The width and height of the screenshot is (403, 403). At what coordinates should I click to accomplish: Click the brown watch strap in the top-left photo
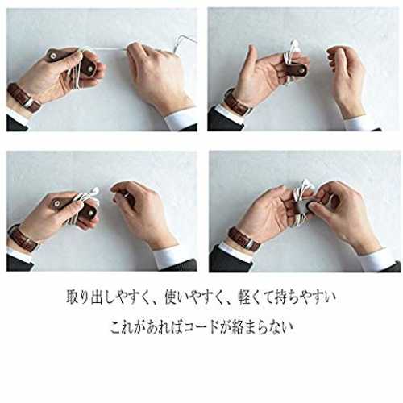coord(23,98)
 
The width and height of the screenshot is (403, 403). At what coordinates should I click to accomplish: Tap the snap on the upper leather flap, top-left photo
coord(53,56)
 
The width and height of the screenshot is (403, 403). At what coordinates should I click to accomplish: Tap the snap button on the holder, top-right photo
coord(303,71)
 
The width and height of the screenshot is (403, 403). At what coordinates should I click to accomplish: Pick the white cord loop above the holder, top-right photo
coord(292,51)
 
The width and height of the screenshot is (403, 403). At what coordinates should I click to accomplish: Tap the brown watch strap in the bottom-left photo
coord(23,238)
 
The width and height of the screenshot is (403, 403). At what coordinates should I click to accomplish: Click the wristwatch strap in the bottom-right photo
coord(244,239)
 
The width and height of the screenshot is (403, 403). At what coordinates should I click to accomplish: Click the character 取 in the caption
coord(73,297)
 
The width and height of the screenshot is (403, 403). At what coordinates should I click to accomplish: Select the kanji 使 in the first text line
coord(171,297)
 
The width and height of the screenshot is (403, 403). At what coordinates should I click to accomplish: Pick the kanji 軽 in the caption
coord(245,297)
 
